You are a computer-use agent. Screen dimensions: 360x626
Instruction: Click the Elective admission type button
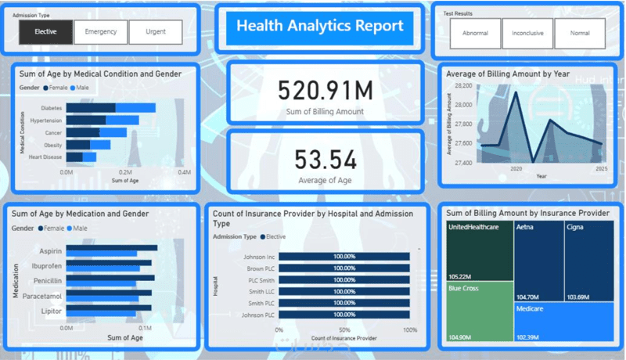coord(45,32)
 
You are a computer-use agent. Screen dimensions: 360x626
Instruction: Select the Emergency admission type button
coord(101,32)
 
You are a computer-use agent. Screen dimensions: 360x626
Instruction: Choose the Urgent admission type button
coord(156,32)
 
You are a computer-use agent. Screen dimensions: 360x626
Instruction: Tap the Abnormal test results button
coord(475,34)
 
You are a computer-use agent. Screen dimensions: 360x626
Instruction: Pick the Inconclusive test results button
coord(527,34)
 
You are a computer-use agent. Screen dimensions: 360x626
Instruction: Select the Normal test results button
coord(580,34)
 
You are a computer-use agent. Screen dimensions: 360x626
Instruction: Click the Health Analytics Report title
coord(320,27)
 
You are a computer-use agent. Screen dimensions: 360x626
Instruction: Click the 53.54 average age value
coord(326,160)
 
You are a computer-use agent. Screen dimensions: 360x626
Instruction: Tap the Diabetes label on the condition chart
coord(51,109)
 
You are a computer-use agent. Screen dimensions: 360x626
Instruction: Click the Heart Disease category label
coord(45,157)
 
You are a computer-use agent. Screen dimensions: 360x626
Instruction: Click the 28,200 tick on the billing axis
coord(462,86)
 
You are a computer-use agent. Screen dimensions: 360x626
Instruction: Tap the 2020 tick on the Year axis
coord(516,169)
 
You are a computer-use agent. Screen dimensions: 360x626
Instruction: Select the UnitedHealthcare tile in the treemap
coord(478,250)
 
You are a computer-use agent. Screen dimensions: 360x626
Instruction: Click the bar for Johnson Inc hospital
coord(344,256)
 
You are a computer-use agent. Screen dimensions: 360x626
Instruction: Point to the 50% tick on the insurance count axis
coord(344,330)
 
